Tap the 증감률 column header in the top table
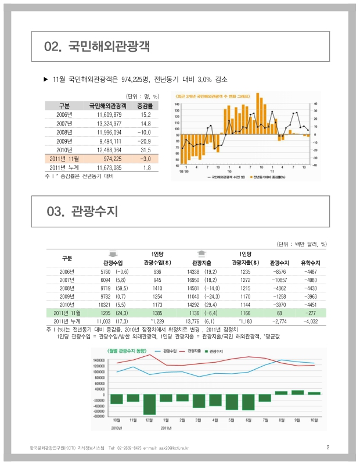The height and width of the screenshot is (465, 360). click(x=145, y=106)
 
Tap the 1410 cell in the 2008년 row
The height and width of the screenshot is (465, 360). click(x=157, y=288)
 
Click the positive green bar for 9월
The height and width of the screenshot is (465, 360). click(x=298, y=392)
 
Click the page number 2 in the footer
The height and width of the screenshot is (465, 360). click(x=328, y=447)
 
